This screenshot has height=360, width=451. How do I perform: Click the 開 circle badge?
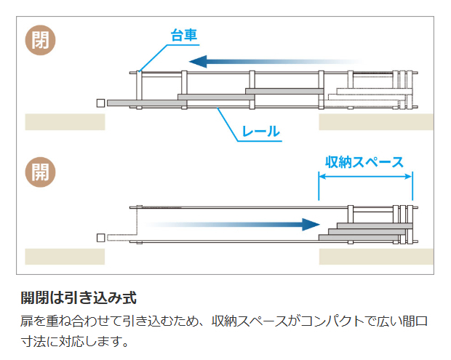click(x=41, y=172)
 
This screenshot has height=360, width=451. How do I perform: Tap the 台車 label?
click(x=184, y=35)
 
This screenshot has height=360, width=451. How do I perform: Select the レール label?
click(x=260, y=132)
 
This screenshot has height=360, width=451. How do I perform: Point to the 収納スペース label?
click(x=365, y=161)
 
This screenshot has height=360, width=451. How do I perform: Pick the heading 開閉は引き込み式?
click(x=79, y=298)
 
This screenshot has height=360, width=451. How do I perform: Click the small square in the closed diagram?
click(x=100, y=103)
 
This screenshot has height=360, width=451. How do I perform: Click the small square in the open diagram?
click(x=100, y=237)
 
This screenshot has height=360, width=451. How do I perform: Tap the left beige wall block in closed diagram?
click(x=65, y=121)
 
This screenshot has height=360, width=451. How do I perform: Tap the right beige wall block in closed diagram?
click(x=376, y=121)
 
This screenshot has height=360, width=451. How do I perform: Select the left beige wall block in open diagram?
click(x=65, y=256)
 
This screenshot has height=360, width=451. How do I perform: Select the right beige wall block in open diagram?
click(x=376, y=256)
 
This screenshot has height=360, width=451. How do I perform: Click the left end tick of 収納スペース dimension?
click(x=319, y=185)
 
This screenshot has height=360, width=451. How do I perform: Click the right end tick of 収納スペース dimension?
click(x=412, y=185)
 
